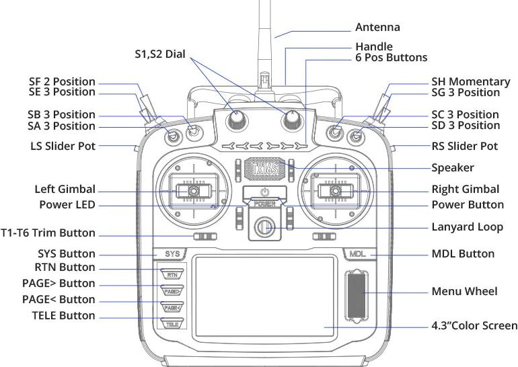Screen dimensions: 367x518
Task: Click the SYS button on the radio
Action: pos(172,254)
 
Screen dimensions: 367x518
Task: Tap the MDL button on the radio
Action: pos(357,254)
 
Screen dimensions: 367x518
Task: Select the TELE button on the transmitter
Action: pos(172,324)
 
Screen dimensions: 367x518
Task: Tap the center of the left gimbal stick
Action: pos(192,192)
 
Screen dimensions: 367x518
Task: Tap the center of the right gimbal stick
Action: pos(335,192)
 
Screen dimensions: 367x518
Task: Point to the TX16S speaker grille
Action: pos(264,166)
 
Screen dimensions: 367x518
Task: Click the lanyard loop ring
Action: pos(264,227)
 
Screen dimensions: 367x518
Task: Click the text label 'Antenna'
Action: pos(377,28)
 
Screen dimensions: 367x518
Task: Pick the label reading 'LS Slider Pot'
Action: pos(63,146)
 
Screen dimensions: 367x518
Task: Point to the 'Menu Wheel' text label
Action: pos(464,292)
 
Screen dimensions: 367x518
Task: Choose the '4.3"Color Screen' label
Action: pos(474,326)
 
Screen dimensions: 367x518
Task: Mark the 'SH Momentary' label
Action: pos(466,81)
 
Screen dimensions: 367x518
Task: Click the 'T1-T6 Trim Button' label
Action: pos(58,233)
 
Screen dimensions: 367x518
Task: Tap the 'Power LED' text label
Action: pos(65,204)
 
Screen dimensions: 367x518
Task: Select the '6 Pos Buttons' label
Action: pos(391,58)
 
